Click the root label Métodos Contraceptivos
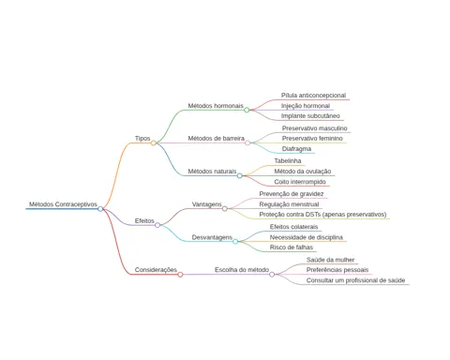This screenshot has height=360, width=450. [x=63, y=204]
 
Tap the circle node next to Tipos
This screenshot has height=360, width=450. [x=154, y=142]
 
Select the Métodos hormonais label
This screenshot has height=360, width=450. [x=216, y=106]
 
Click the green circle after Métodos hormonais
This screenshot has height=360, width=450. [x=247, y=110]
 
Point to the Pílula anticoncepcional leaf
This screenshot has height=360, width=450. [x=313, y=96]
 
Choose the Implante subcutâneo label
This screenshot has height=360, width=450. [x=310, y=116]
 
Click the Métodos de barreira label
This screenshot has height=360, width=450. [x=216, y=139]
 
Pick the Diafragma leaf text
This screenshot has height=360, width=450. [x=296, y=149]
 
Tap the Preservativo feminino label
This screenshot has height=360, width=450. [x=312, y=139]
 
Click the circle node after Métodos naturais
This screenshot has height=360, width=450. [x=240, y=175]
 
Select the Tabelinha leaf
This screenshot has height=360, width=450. [x=288, y=161]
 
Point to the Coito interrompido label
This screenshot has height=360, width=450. [x=300, y=182]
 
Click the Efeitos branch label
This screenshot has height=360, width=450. [x=144, y=221]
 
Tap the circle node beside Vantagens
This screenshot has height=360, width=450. [x=225, y=208]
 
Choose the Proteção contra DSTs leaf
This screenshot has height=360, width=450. [x=322, y=215]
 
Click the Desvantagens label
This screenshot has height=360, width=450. [x=212, y=237]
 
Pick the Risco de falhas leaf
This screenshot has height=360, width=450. [x=292, y=247]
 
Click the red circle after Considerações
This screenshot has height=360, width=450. [x=180, y=275]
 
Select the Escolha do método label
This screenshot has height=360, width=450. [x=242, y=270]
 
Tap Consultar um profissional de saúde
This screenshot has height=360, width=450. [x=355, y=280]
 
